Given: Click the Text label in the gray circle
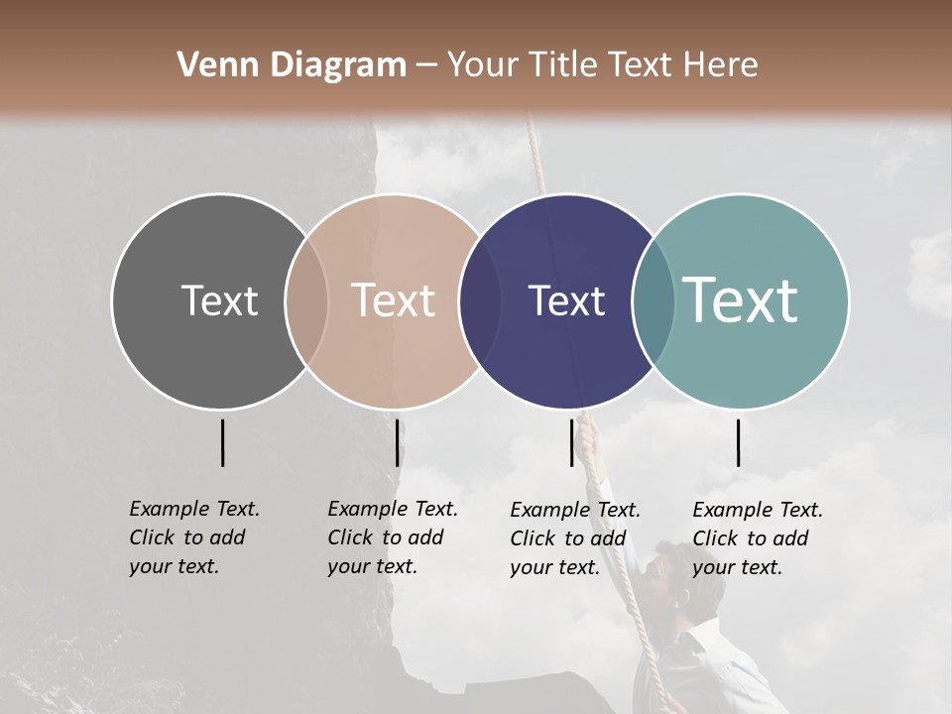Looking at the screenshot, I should pos(219,300).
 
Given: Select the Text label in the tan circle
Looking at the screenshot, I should pos(394,300).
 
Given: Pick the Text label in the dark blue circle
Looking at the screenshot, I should pos(566,300).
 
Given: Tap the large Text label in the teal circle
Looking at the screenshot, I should pos(741,300).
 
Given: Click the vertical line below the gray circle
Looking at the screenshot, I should pos(222,442).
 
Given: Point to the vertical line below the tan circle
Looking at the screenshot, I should pos(397,442).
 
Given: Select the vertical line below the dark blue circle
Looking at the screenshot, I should pos(571,442).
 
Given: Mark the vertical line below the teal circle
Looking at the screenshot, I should pos(738,442).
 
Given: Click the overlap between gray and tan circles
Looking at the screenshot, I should pos(306,300).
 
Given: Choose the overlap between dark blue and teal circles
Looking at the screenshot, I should pos(654,300).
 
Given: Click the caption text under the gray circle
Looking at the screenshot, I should pos(193,537).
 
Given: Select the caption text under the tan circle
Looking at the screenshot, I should pos(392,537).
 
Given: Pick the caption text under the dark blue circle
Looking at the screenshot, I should pos(574,538).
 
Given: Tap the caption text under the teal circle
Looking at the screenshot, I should pos(757,538).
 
